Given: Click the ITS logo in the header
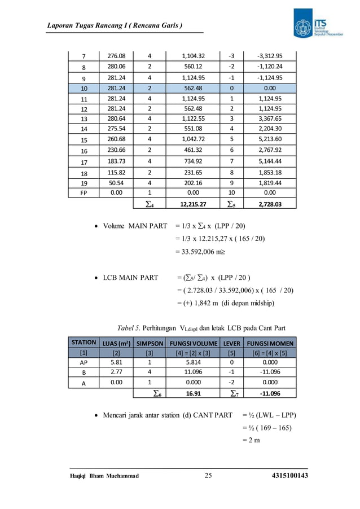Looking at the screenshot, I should [315, 25].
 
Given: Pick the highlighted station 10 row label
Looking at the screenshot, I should [84, 89].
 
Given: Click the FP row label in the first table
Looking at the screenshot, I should [84, 192].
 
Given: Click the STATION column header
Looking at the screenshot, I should [84, 343].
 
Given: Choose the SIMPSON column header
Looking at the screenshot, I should [150, 343].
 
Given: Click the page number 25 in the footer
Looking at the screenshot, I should [208, 477].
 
